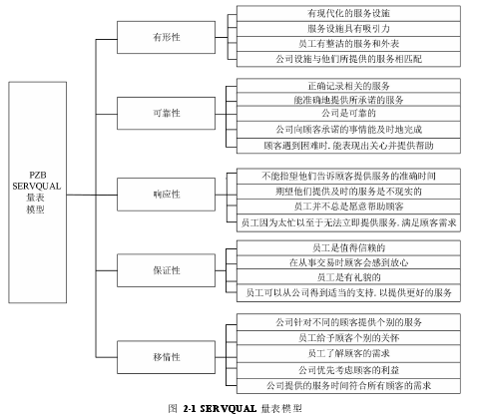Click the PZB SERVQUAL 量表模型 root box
[37, 193]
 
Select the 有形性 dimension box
[166, 37]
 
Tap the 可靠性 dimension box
[166, 113]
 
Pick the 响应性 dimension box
[166, 195]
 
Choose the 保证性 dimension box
[166, 270]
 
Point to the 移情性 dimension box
[166, 357]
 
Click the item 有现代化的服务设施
[348, 13]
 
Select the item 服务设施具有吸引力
[348, 29]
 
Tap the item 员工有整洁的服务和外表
[348, 44]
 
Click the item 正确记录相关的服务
[348, 86]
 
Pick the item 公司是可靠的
[348, 114]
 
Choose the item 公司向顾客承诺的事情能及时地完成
[348, 130]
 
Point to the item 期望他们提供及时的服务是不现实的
[348, 192]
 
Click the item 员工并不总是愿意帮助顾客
[348, 207]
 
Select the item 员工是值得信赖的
[348, 247]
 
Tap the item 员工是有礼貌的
[348, 277]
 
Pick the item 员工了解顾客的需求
[348, 353]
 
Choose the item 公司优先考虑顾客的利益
[348, 370]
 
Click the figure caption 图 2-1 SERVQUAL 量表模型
[236, 409]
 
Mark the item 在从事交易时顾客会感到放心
[348, 262]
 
